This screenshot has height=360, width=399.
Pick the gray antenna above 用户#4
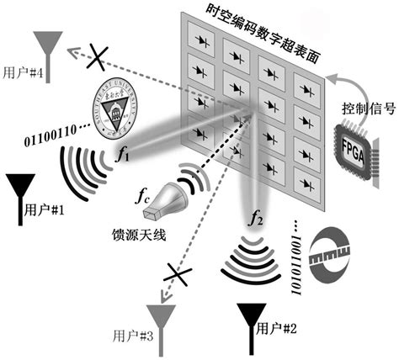tap(47, 48)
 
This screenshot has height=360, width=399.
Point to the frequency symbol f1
tap(123, 154)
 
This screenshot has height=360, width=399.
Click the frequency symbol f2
tap(256, 221)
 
